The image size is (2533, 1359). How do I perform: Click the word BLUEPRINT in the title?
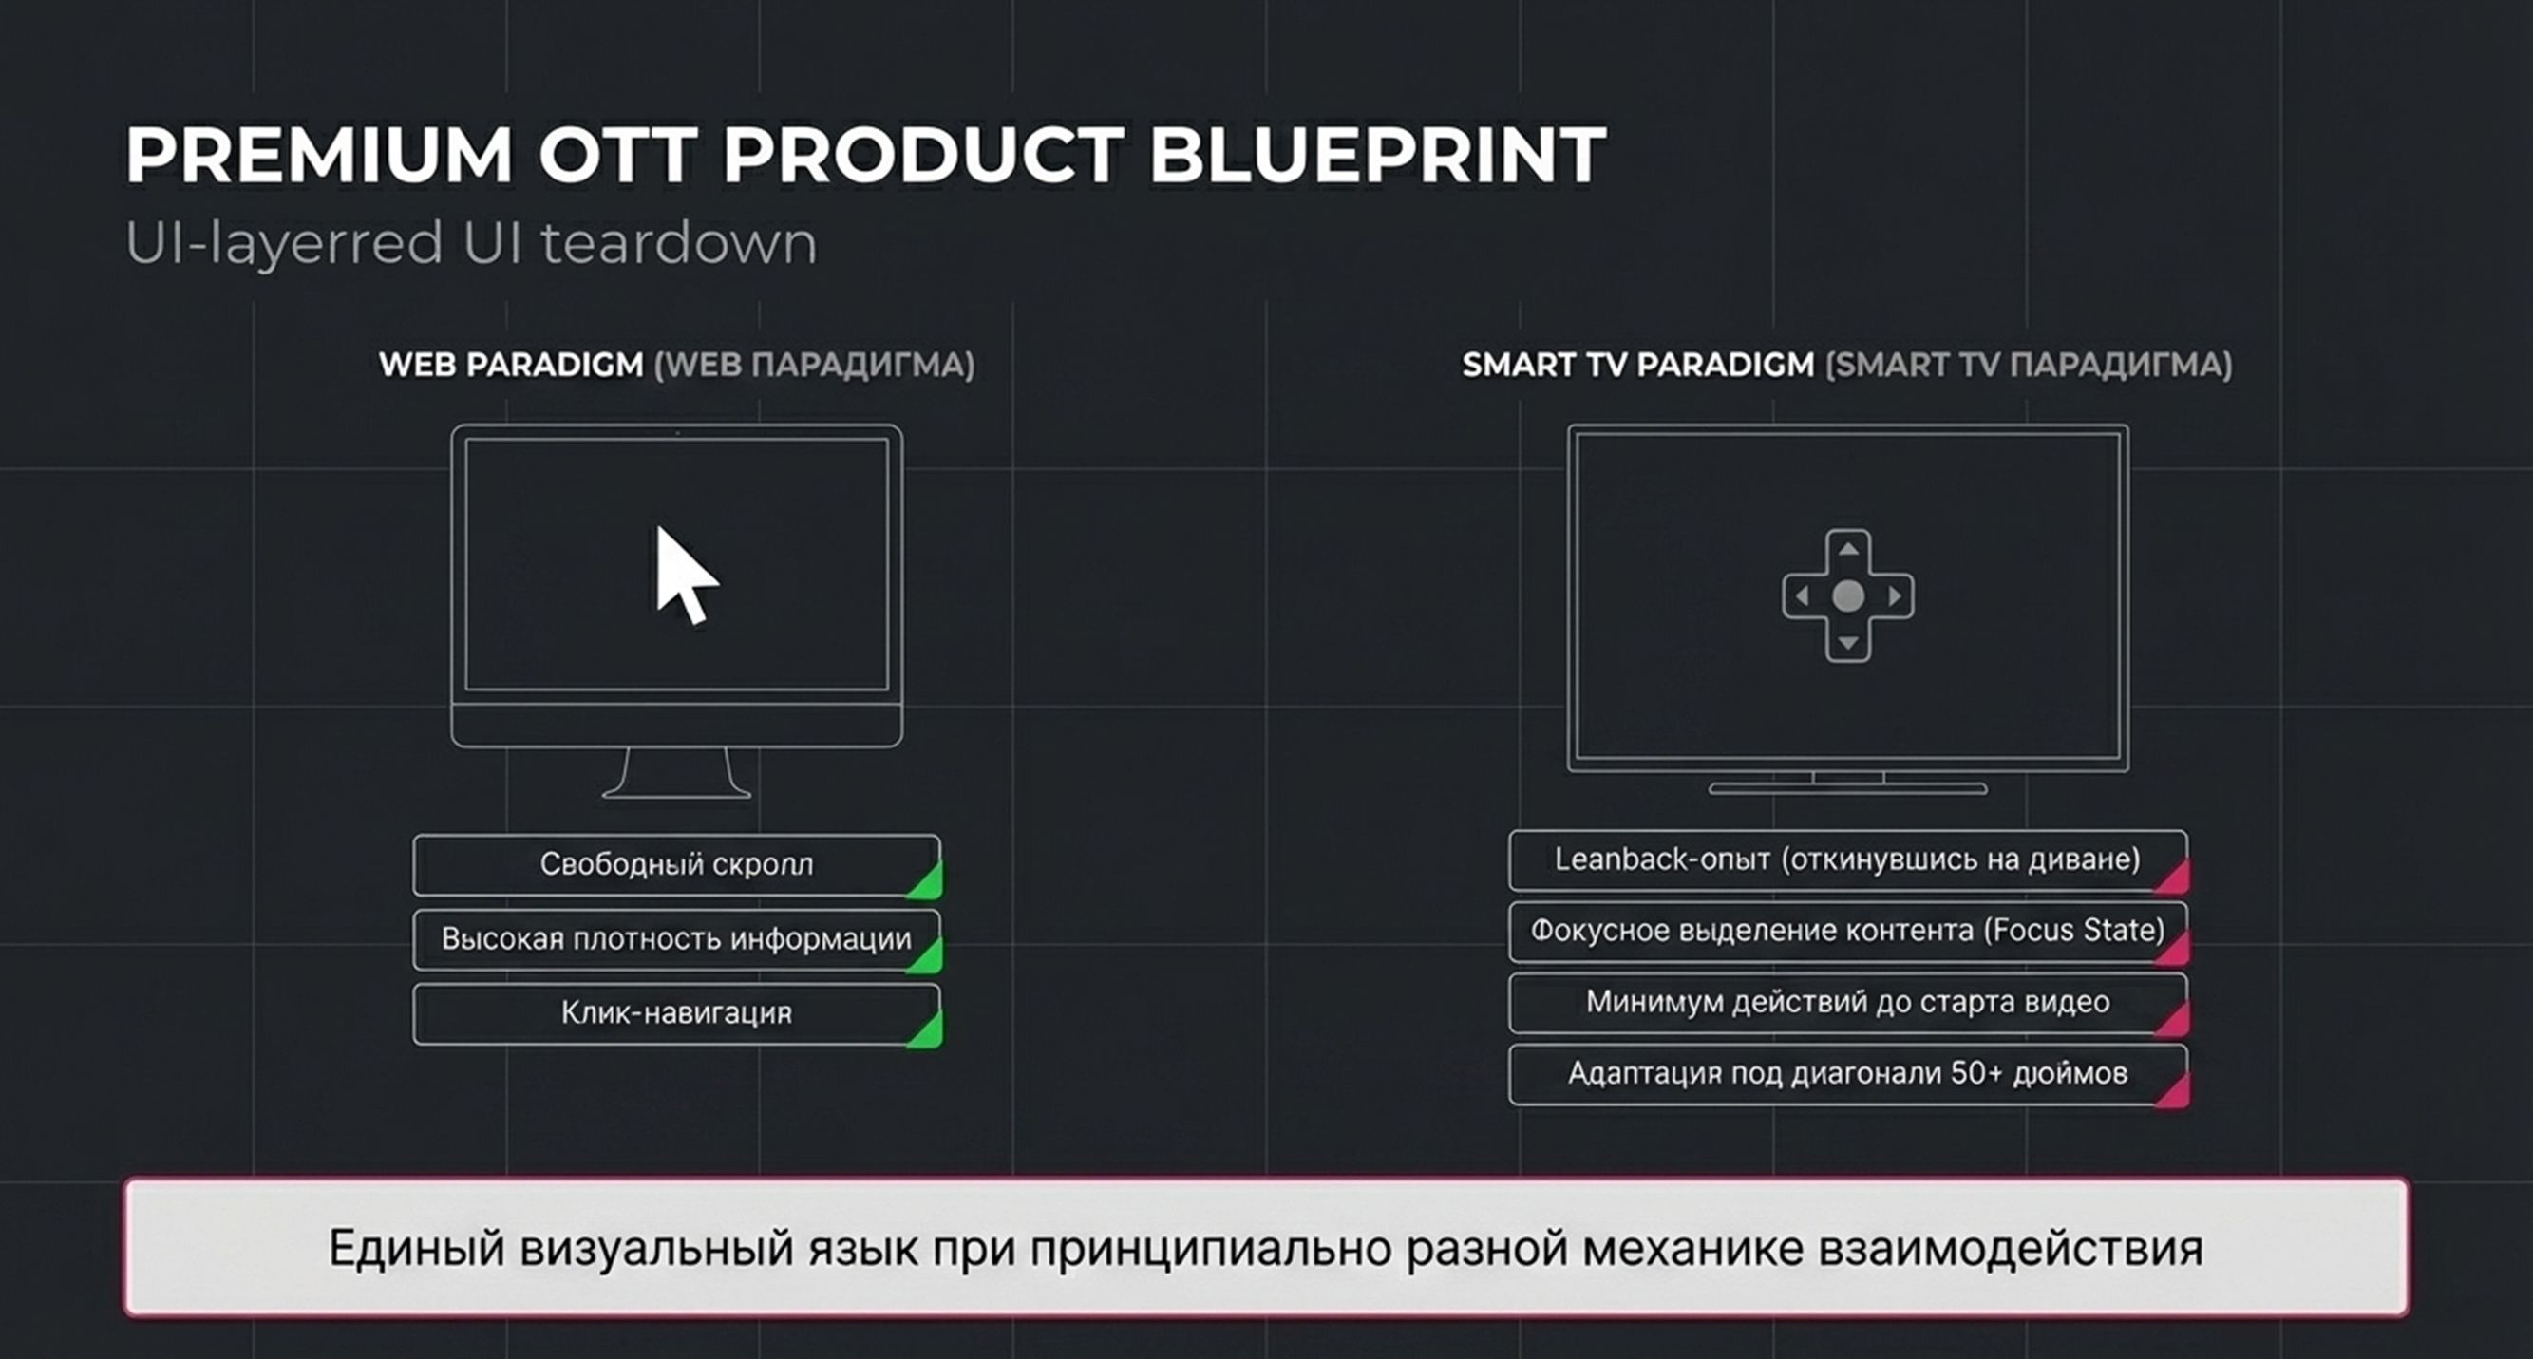click(1377, 155)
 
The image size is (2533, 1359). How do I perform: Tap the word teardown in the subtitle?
click(678, 242)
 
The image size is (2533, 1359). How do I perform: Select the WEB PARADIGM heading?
click(511, 365)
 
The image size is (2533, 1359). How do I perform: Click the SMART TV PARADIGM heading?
click(1637, 365)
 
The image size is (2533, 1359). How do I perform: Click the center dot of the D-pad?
click(1848, 595)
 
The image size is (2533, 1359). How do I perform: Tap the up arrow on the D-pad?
click(1848, 549)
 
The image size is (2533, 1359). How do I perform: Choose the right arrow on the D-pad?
click(1895, 595)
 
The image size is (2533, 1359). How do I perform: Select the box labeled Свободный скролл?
click(676, 864)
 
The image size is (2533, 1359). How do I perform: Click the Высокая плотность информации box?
click(676, 939)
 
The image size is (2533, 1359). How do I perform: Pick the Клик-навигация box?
click(676, 1014)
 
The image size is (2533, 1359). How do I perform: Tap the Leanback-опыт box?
click(1848, 860)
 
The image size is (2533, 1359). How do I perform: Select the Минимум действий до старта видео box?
click(1848, 1003)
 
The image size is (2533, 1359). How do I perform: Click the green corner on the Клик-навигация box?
click(927, 1029)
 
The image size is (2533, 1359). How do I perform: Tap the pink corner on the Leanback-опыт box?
click(2173, 877)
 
